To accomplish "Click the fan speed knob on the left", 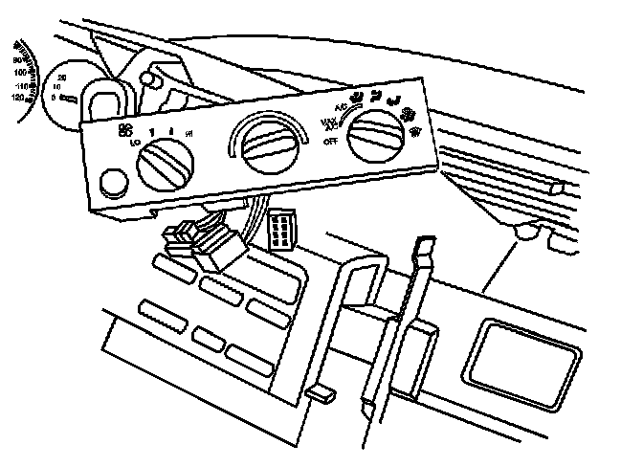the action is tap(167, 167).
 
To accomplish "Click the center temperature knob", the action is tap(269, 145).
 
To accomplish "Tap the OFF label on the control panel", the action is tap(331, 141).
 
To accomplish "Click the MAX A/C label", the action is tap(328, 123).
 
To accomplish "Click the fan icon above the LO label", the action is tap(123, 130).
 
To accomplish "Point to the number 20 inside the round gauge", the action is tap(62, 77).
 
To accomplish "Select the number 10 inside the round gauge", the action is tap(58, 87).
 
